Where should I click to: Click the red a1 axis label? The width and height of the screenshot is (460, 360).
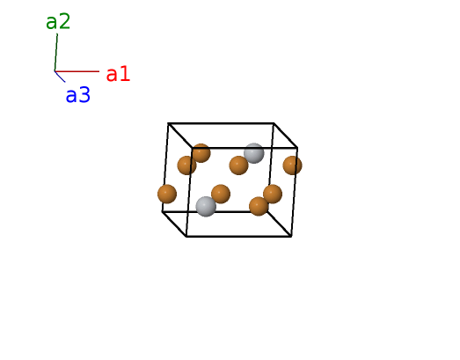[x=118, y=74]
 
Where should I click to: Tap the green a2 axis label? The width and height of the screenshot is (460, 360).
[x=58, y=21]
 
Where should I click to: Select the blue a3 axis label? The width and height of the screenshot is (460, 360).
[x=77, y=95]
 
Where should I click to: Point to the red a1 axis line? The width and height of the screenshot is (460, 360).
[x=77, y=71]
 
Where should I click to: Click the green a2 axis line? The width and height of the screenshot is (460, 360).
[x=56, y=53]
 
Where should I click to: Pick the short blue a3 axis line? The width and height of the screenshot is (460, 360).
[x=60, y=77]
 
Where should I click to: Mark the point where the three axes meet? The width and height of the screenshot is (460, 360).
[x=55, y=71]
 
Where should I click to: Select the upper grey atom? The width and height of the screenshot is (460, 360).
[x=254, y=153]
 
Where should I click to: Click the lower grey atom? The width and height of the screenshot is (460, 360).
[x=206, y=207]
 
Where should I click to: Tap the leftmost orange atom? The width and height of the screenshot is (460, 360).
[x=167, y=194]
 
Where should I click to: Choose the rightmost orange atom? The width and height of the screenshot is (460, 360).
[x=293, y=165]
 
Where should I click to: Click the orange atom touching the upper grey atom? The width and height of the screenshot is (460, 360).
[x=238, y=165]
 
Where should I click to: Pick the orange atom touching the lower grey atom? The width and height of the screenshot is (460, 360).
[x=221, y=194]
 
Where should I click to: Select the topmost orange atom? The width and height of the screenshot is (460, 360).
[x=201, y=153]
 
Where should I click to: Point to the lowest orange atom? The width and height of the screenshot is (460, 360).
[x=259, y=206]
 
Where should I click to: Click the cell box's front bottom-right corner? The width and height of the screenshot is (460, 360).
[x=291, y=236]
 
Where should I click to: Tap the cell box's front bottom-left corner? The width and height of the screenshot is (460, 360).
[x=186, y=236]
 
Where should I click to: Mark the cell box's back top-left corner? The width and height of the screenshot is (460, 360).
[x=168, y=123]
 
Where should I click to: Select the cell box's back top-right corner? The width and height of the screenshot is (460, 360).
[x=274, y=123]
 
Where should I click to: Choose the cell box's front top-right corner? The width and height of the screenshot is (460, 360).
[x=297, y=148]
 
